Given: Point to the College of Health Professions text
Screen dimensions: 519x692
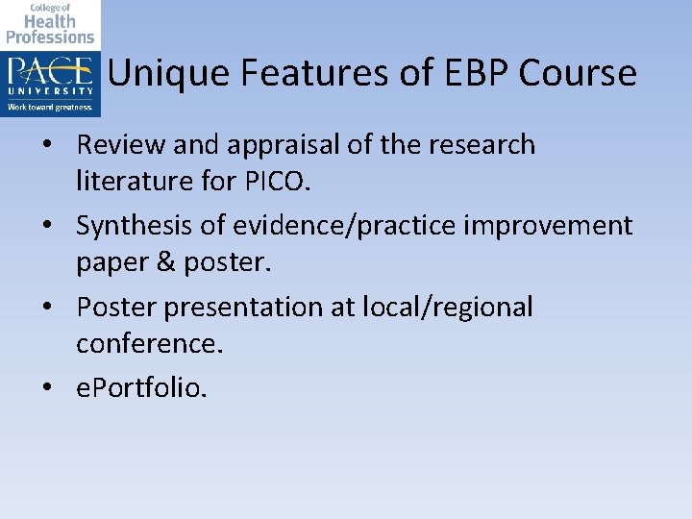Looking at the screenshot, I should point(50,24).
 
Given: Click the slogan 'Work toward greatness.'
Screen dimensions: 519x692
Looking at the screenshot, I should point(50,107).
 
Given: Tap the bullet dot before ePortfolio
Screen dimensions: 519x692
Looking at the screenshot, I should point(60,388).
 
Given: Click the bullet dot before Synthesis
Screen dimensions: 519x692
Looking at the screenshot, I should point(60,227).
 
